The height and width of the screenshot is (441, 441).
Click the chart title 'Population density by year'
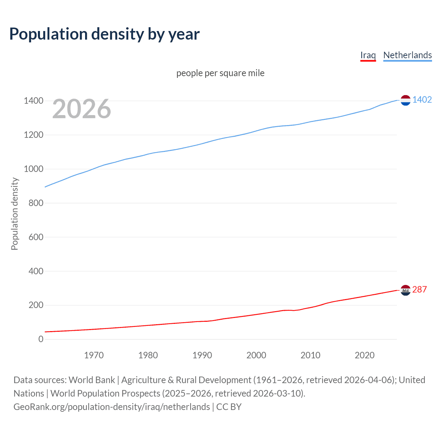104,34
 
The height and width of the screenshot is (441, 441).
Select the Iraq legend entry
368,55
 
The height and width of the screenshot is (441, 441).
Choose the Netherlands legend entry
407,55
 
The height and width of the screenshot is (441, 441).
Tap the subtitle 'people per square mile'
220,73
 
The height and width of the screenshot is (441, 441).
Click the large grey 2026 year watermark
82,109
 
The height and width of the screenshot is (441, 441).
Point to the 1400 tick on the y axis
34,101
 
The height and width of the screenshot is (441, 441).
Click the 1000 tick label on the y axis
34,169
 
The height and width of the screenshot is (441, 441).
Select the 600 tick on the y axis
36,237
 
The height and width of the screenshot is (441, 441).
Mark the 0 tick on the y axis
41,339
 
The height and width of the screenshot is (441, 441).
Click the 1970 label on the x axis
94,355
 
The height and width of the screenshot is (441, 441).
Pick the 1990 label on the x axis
202,355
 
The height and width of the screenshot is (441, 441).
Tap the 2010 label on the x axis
310,355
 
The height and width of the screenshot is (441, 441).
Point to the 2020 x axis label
365,355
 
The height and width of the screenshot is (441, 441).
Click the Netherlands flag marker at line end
406,100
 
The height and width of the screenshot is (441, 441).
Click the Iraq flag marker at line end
406,290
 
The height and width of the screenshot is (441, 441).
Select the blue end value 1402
422,100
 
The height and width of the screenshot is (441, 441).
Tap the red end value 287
419,289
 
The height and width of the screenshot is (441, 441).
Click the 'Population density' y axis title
14,214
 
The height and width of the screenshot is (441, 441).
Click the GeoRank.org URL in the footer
112,407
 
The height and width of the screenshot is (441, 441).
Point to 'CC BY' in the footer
229,407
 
